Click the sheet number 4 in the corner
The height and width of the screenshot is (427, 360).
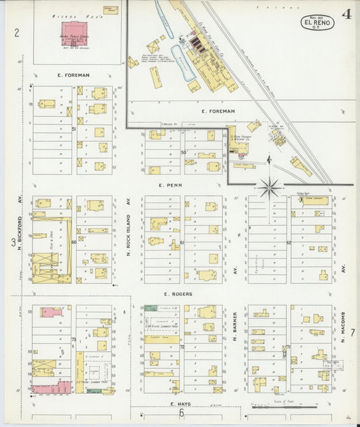(346, 14)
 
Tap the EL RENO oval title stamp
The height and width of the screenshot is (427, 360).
(317, 23)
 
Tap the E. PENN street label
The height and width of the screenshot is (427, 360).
(168, 184)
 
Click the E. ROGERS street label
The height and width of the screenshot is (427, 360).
(178, 294)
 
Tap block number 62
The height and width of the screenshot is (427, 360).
(288, 243)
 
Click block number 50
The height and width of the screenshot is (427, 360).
(183, 153)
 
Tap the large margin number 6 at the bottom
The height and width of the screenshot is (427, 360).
(182, 413)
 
